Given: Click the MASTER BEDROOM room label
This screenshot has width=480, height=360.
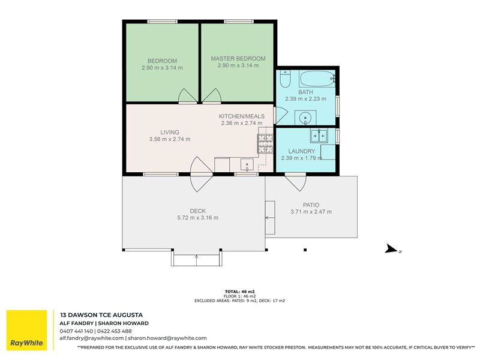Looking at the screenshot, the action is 238,58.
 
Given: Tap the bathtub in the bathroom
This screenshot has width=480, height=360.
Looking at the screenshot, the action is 317,79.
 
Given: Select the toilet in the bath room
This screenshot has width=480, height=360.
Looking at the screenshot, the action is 286,79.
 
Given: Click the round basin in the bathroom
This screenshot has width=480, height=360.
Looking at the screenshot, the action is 305,118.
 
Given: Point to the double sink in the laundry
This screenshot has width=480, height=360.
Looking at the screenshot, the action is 319,136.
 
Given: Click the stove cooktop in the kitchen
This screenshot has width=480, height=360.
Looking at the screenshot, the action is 265,144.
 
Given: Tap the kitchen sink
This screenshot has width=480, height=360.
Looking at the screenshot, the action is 247,164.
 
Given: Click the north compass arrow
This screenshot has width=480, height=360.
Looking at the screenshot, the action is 391,248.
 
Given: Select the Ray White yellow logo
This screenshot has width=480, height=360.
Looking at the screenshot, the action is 27,330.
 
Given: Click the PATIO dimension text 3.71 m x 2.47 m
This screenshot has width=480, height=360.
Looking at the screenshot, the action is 311,212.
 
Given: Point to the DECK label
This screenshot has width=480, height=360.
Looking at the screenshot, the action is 198,211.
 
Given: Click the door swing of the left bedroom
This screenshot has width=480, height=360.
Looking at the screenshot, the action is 187,95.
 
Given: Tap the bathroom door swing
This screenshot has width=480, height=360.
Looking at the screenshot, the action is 281,115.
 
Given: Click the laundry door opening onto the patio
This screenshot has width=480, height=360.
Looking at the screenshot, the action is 296,182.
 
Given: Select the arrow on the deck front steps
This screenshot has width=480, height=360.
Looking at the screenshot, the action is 197,260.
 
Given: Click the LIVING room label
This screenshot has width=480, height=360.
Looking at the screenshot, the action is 170,132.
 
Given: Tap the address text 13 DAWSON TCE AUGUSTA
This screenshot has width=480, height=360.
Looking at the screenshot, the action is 101,315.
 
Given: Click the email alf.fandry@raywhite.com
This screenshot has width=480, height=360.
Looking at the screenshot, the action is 92,338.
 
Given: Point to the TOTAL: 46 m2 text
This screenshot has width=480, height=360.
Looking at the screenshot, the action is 239,292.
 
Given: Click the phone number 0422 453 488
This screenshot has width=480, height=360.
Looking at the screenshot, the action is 115,331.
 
